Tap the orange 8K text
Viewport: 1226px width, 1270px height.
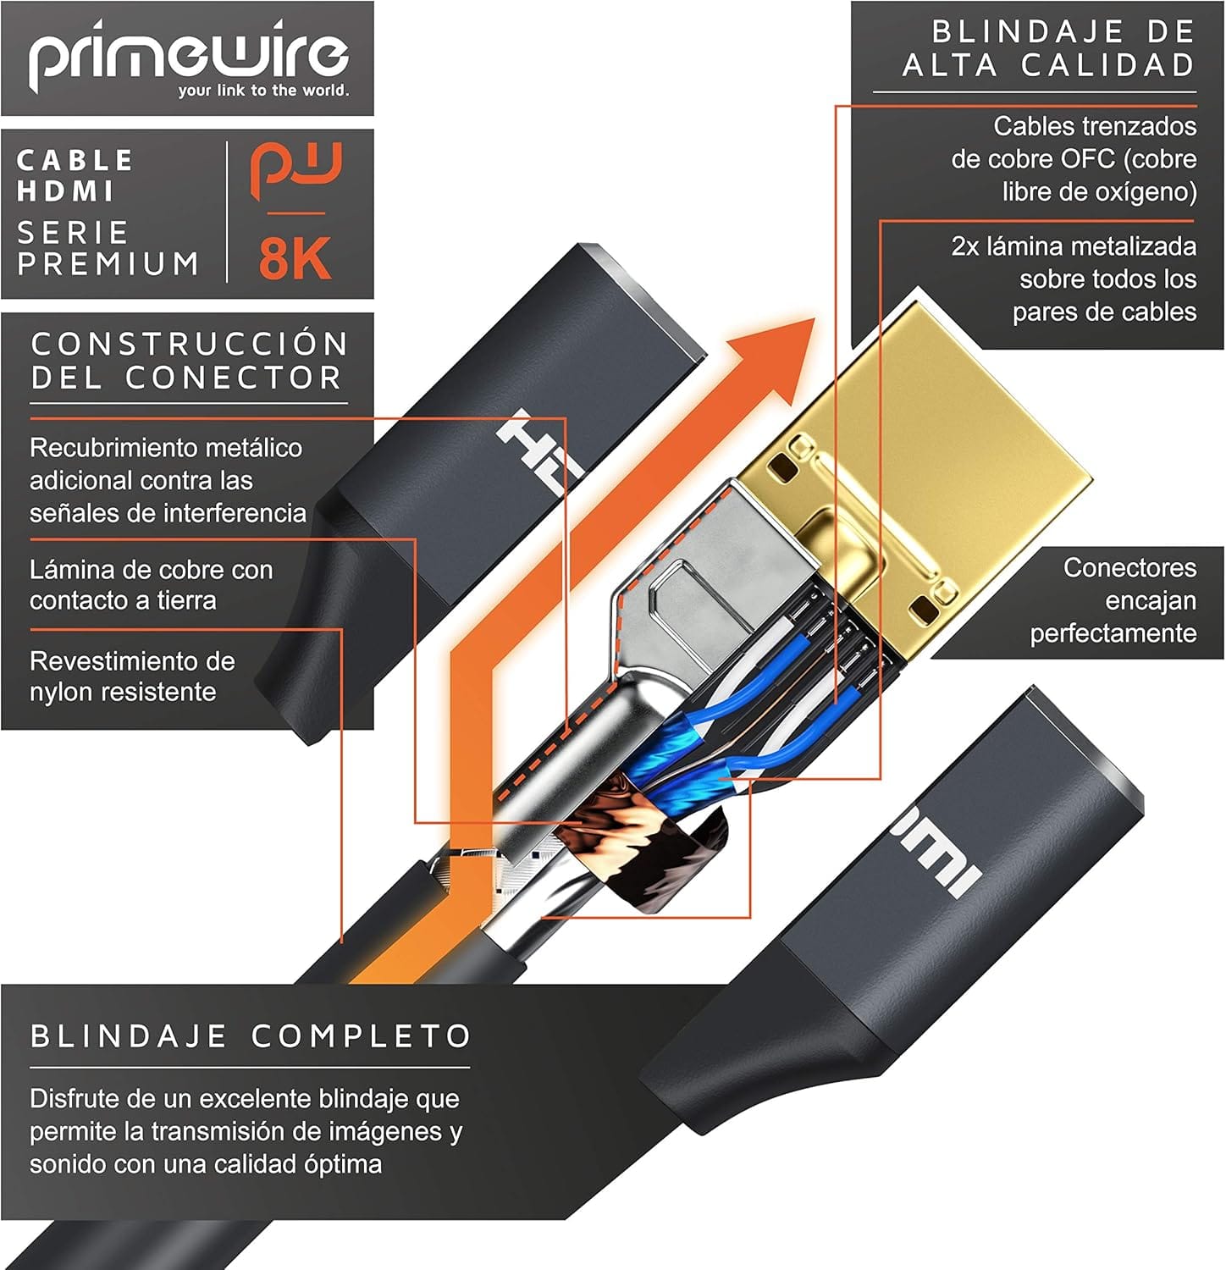pos(295,258)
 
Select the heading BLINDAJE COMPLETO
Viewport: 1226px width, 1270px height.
pos(251,1035)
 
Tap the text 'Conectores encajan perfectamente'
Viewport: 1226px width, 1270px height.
pos(1113,600)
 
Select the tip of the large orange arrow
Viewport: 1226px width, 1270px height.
pos(815,319)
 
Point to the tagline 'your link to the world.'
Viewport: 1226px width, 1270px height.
pos(263,91)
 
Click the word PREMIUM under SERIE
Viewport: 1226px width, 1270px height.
pos(108,263)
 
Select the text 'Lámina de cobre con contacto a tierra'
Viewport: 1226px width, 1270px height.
pos(152,585)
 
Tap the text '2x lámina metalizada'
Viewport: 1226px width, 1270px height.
pos(1074,246)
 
